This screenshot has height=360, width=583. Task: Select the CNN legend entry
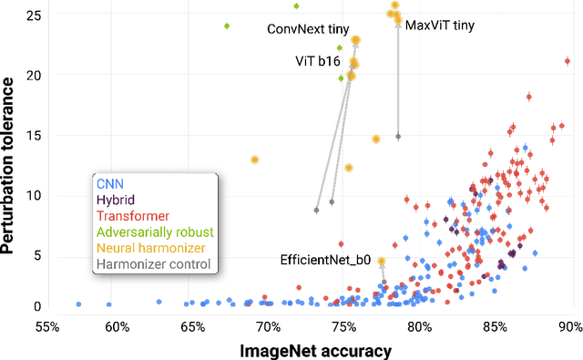pos(111,183)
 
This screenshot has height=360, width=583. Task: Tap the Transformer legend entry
pos(133,216)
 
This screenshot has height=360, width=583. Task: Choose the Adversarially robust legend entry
pos(155,231)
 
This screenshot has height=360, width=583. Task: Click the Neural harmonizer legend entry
pos(150,248)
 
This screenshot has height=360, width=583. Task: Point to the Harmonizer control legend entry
pos(153,264)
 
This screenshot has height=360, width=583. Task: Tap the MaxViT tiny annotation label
pos(439,26)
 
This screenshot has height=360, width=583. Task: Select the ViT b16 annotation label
pos(317,61)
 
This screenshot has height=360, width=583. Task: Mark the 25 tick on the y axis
pos(31,15)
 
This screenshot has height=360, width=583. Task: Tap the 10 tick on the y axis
pos(31,195)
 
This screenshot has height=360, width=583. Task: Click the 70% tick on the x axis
pos(268,324)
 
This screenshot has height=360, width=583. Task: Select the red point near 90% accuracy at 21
pos(568,61)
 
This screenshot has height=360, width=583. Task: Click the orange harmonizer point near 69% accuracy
pos(255,159)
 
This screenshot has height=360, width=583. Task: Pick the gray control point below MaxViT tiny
pos(398,137)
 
